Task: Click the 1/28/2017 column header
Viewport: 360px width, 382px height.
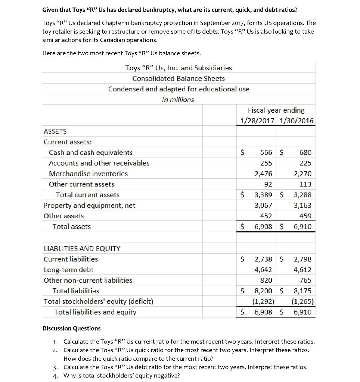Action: (258, 121)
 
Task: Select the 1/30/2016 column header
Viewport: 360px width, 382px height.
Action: (296, 121)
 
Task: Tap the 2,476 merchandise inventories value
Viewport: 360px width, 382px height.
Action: (263, 173)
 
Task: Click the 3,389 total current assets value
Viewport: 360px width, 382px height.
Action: (263, 195)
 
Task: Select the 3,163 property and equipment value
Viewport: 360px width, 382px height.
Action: (302, 206)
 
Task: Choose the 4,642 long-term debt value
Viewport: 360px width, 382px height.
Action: (263, 270)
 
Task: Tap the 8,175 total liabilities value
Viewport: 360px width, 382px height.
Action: (302, 291)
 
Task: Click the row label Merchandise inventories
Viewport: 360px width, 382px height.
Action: (88, 173)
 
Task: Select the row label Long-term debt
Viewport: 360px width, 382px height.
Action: (68, 270)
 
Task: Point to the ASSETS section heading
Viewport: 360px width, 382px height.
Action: (55, 131)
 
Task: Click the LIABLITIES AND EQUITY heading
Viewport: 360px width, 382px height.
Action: (82, 248)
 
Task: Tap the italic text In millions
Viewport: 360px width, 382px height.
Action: (178, 100)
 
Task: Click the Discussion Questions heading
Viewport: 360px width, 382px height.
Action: (71, 328)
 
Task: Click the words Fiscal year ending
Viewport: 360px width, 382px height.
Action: (276, 110)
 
